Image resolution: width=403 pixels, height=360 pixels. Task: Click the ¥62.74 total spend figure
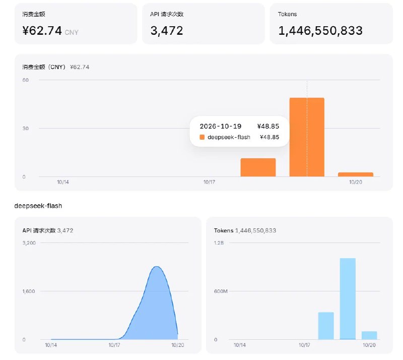pos(42,31)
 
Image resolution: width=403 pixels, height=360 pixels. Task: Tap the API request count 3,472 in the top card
pos(167,31)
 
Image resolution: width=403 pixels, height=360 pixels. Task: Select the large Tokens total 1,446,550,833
pos(320,31)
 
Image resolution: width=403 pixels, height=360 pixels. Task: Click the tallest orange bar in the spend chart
pos(307,137)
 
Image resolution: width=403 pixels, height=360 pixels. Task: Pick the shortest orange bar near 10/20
pos(356,174)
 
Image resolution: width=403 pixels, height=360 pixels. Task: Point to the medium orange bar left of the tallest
pos(258,167)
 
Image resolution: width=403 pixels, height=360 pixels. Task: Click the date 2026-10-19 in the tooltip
pos(221,127)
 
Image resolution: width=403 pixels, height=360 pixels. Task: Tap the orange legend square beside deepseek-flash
pos(202,137)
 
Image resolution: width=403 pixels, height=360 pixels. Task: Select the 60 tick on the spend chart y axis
pos(26,80)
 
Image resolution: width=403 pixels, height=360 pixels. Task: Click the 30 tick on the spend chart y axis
pos(26,129)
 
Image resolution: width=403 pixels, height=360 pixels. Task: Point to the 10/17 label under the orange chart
pos(209,182)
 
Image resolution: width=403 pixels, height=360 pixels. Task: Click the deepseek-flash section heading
pos(38,206)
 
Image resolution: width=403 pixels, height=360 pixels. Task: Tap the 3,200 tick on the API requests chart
pos(29,243)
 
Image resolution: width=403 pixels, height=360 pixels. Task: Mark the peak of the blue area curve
pos(157,267)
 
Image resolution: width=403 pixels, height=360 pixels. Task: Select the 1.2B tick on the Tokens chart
pos(219,243)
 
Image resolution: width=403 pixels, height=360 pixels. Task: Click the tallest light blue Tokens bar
pos(348,299)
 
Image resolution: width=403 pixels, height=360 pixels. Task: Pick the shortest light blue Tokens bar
pos(369,335)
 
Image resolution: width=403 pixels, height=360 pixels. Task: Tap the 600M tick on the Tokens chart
pos(221,291)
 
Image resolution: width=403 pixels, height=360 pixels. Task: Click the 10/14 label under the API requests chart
pos(51,345)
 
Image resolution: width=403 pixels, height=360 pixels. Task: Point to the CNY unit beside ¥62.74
pos(72,32)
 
